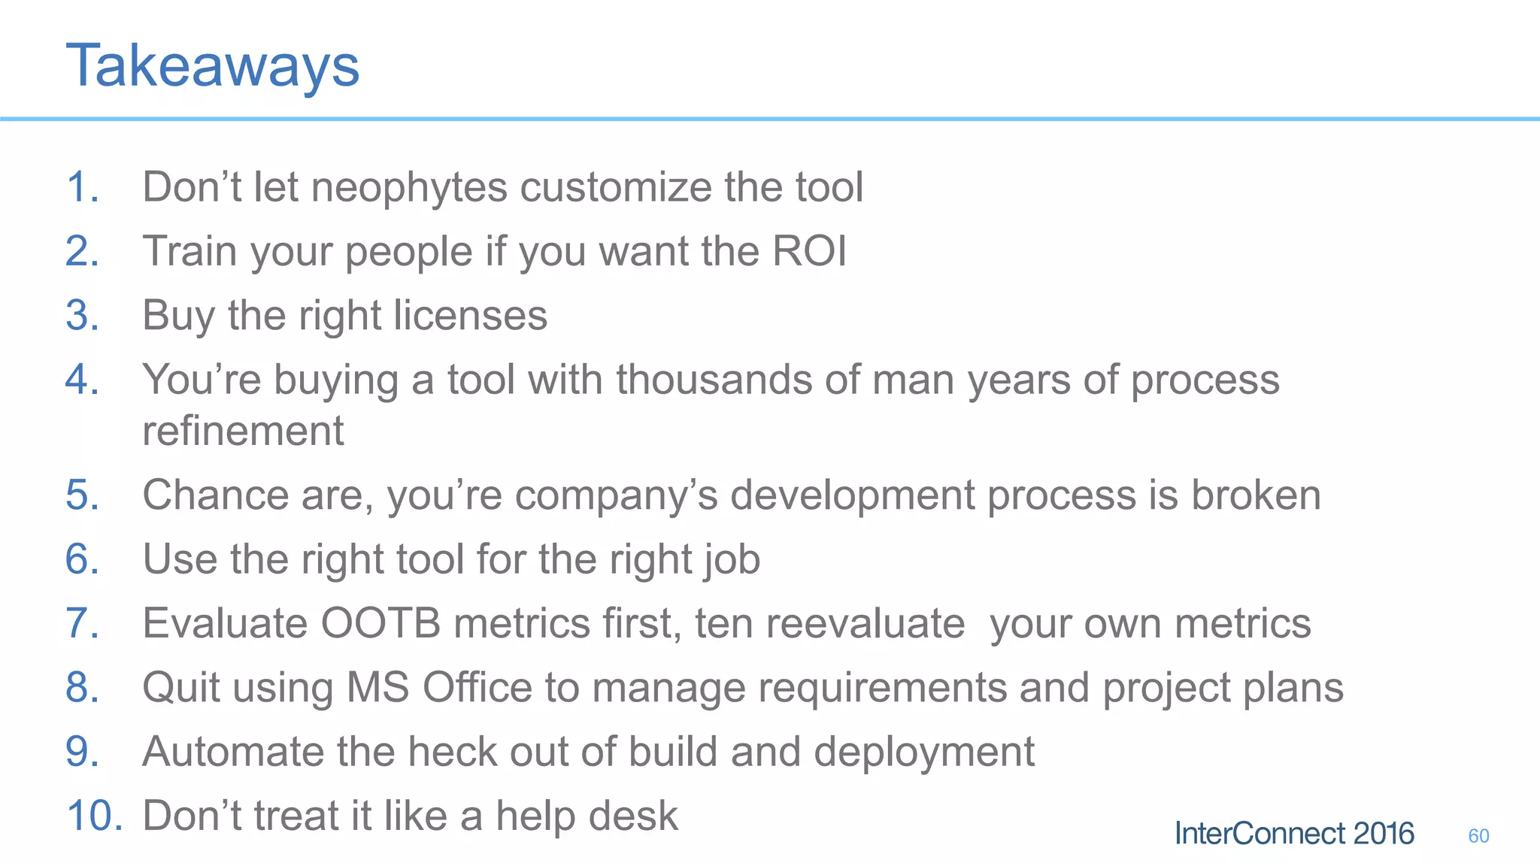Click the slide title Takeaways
coord(213,66)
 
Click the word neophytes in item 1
coord(409,187)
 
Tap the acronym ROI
coord(809,251)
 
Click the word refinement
coord(243,431)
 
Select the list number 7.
coord(82,623)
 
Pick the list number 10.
coord(94,816)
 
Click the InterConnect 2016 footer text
coord(1293,834)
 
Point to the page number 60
coord(1478,836)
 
